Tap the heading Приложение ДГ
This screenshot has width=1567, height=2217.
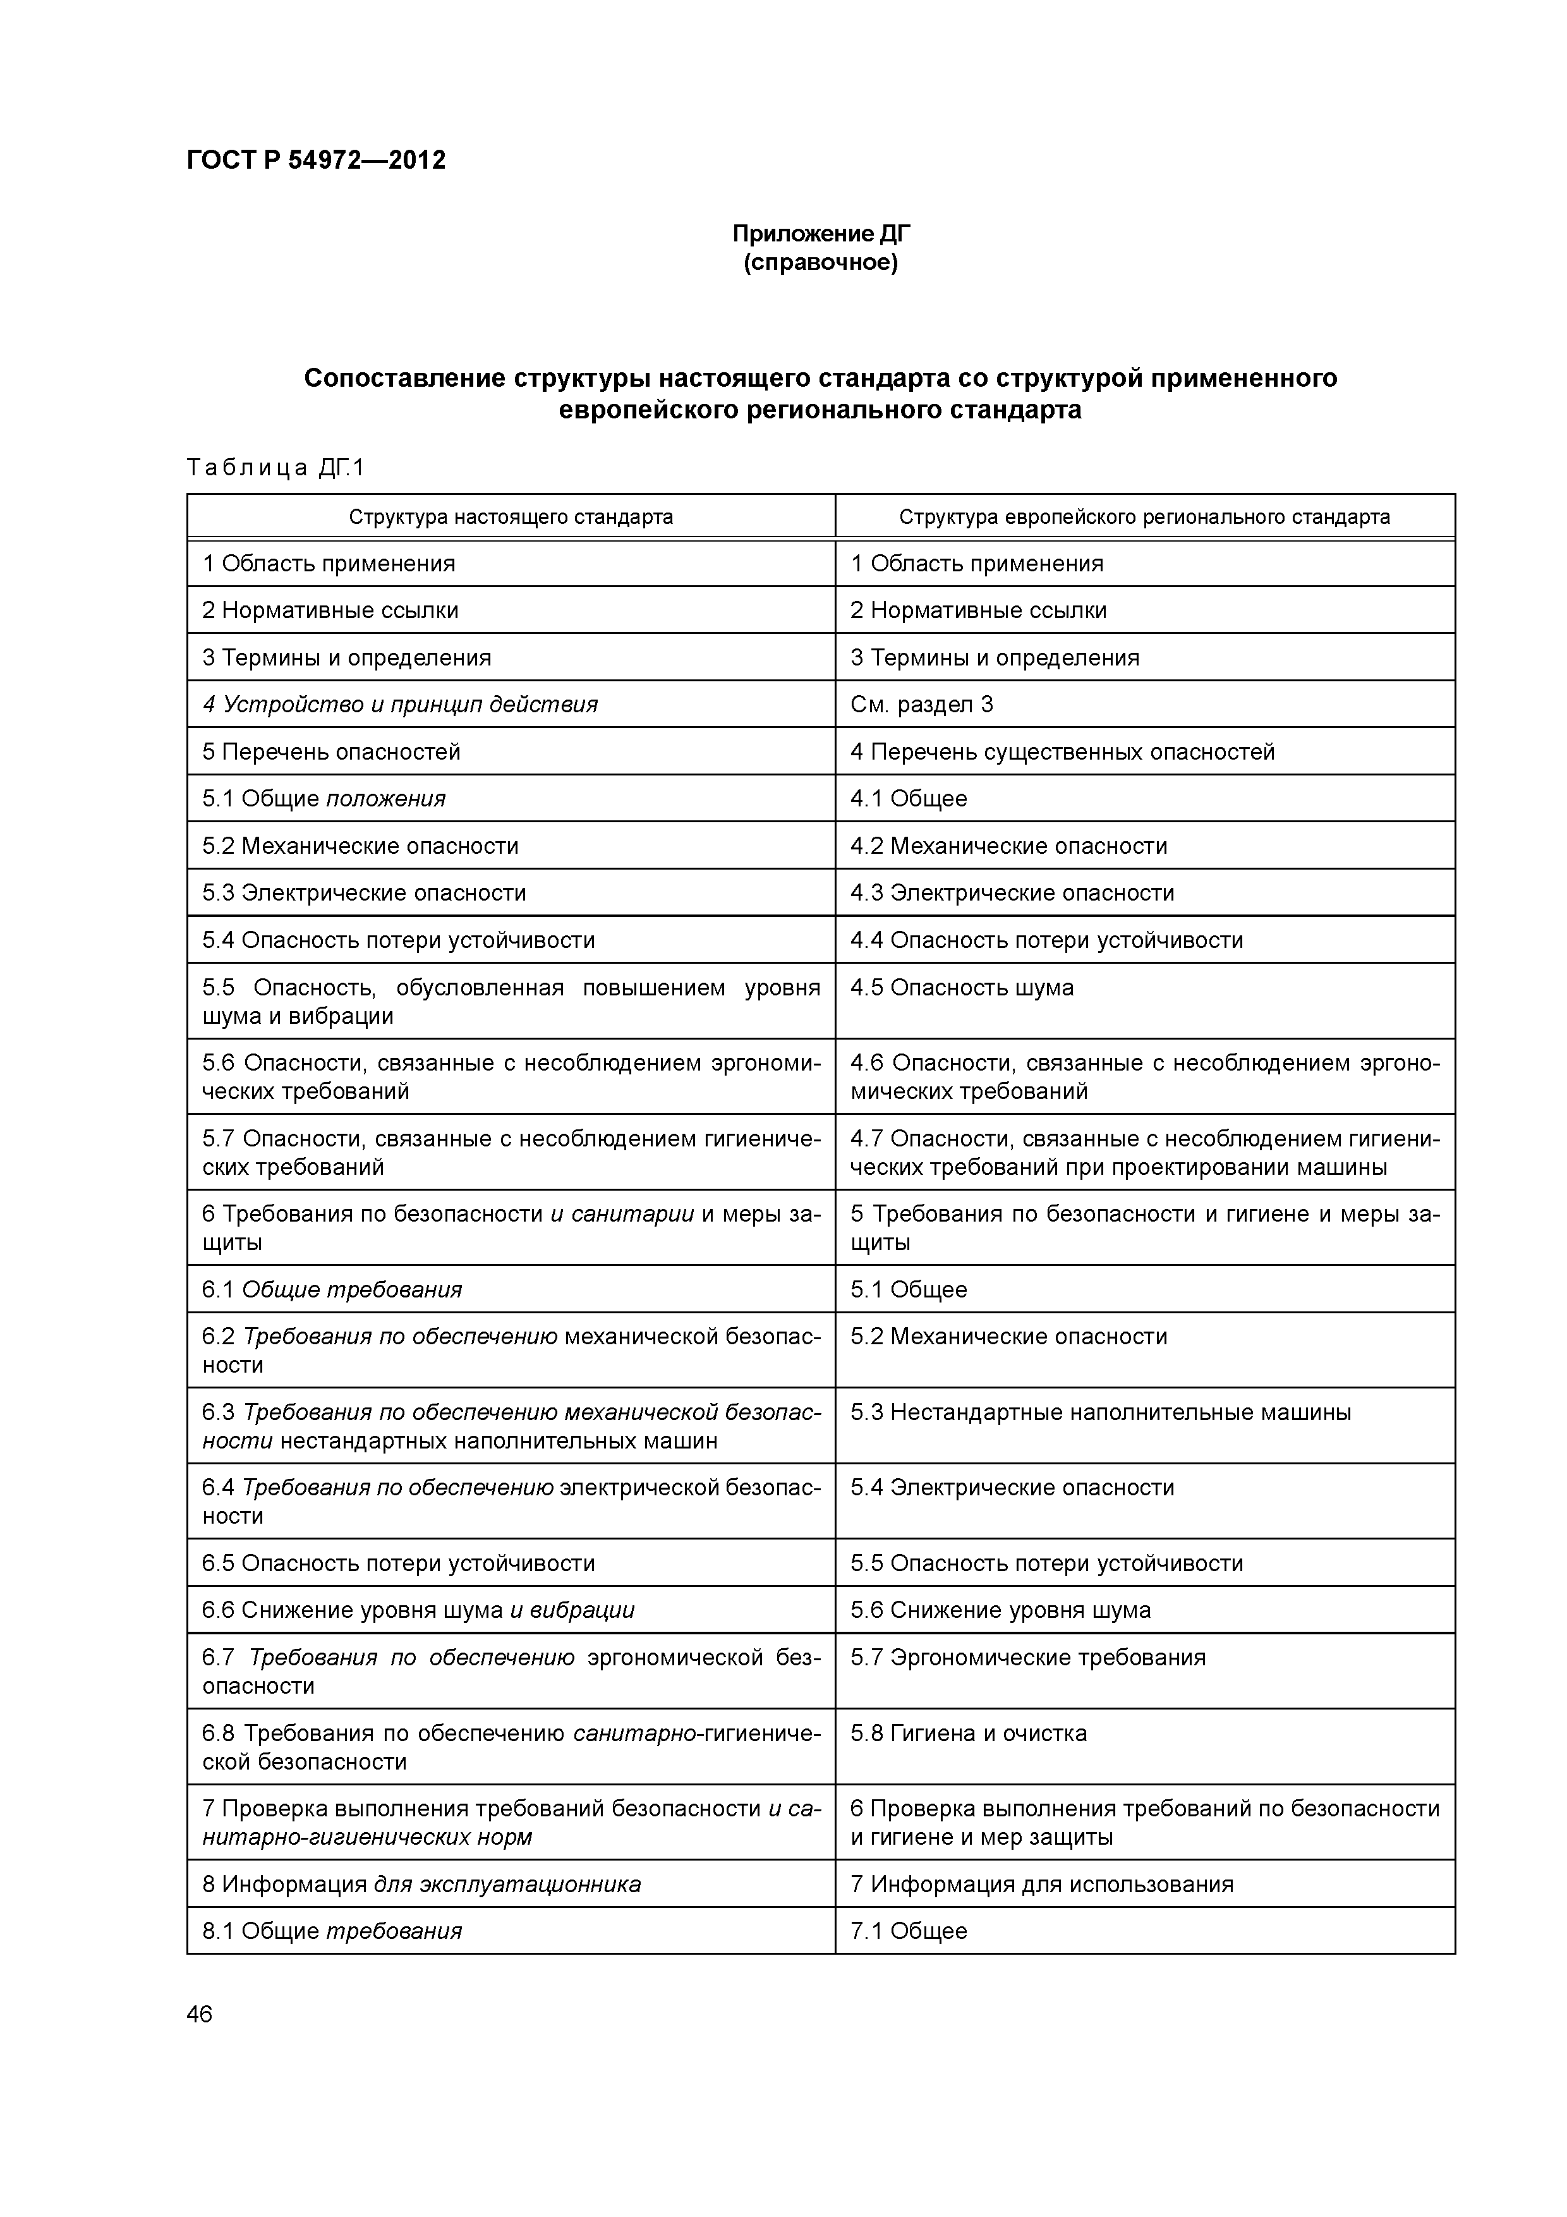(821, 234)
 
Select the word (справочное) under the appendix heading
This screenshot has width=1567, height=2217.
(821, 263)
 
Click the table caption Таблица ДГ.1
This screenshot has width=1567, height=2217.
(275, 468)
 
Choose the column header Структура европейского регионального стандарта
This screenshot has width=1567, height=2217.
(1144, 516)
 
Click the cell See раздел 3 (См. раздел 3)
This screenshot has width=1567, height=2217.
(921, 704)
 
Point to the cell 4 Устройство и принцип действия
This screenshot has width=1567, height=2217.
(400, 704)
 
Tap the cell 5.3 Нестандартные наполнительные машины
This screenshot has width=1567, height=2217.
(1101, 1412)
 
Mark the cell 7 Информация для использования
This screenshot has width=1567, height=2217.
(1042, 1884)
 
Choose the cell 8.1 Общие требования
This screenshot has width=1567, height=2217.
(332, 1931)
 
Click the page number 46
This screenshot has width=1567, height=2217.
(200, 2014)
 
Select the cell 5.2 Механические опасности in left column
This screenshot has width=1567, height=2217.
(360, 846)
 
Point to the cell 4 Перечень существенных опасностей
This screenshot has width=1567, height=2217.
(1062, 751)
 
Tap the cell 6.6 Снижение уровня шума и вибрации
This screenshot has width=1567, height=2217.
(418, 1610)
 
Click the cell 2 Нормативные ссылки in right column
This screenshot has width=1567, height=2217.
(978, 610)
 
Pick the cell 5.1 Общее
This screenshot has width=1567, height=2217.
(909, 1289)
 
